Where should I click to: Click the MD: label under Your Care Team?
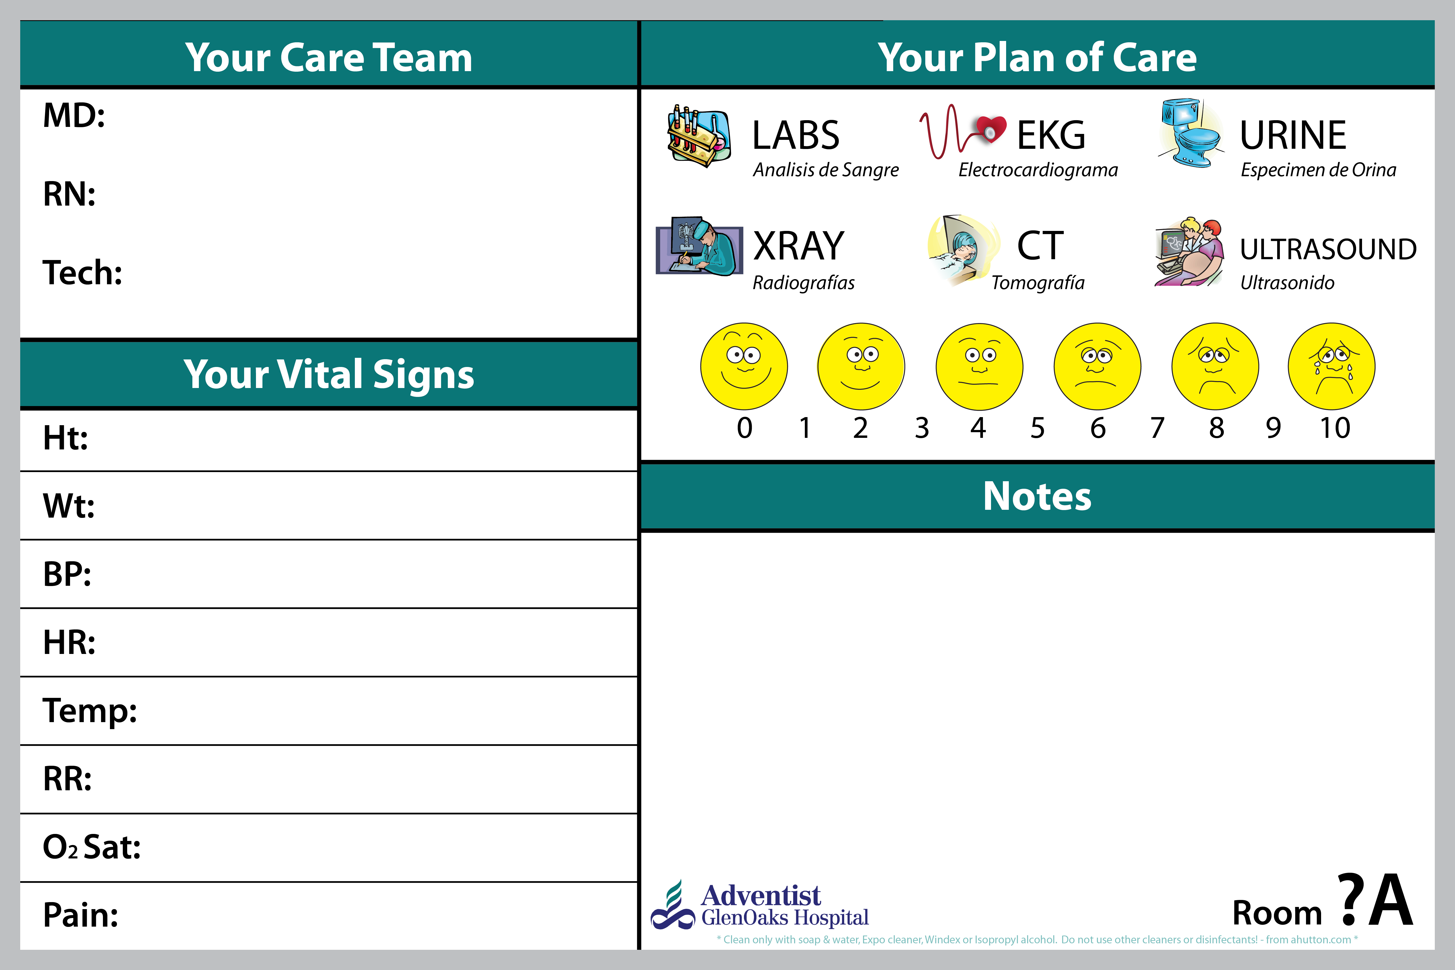pyautogui.click(x=74, y=116)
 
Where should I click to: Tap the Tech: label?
pyautogui.click(x=82, y=273)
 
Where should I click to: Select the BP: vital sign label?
pyautogui.click(x=67, y=574)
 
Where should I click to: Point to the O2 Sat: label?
pyautogui.click(x=92, y=847)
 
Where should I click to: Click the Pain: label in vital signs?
pyautogui.click(x=80, y=915)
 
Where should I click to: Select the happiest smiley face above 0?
pyautogui.click(x=744, y=366)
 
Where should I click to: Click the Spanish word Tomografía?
pyautogui.click(x=1038, y=283)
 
